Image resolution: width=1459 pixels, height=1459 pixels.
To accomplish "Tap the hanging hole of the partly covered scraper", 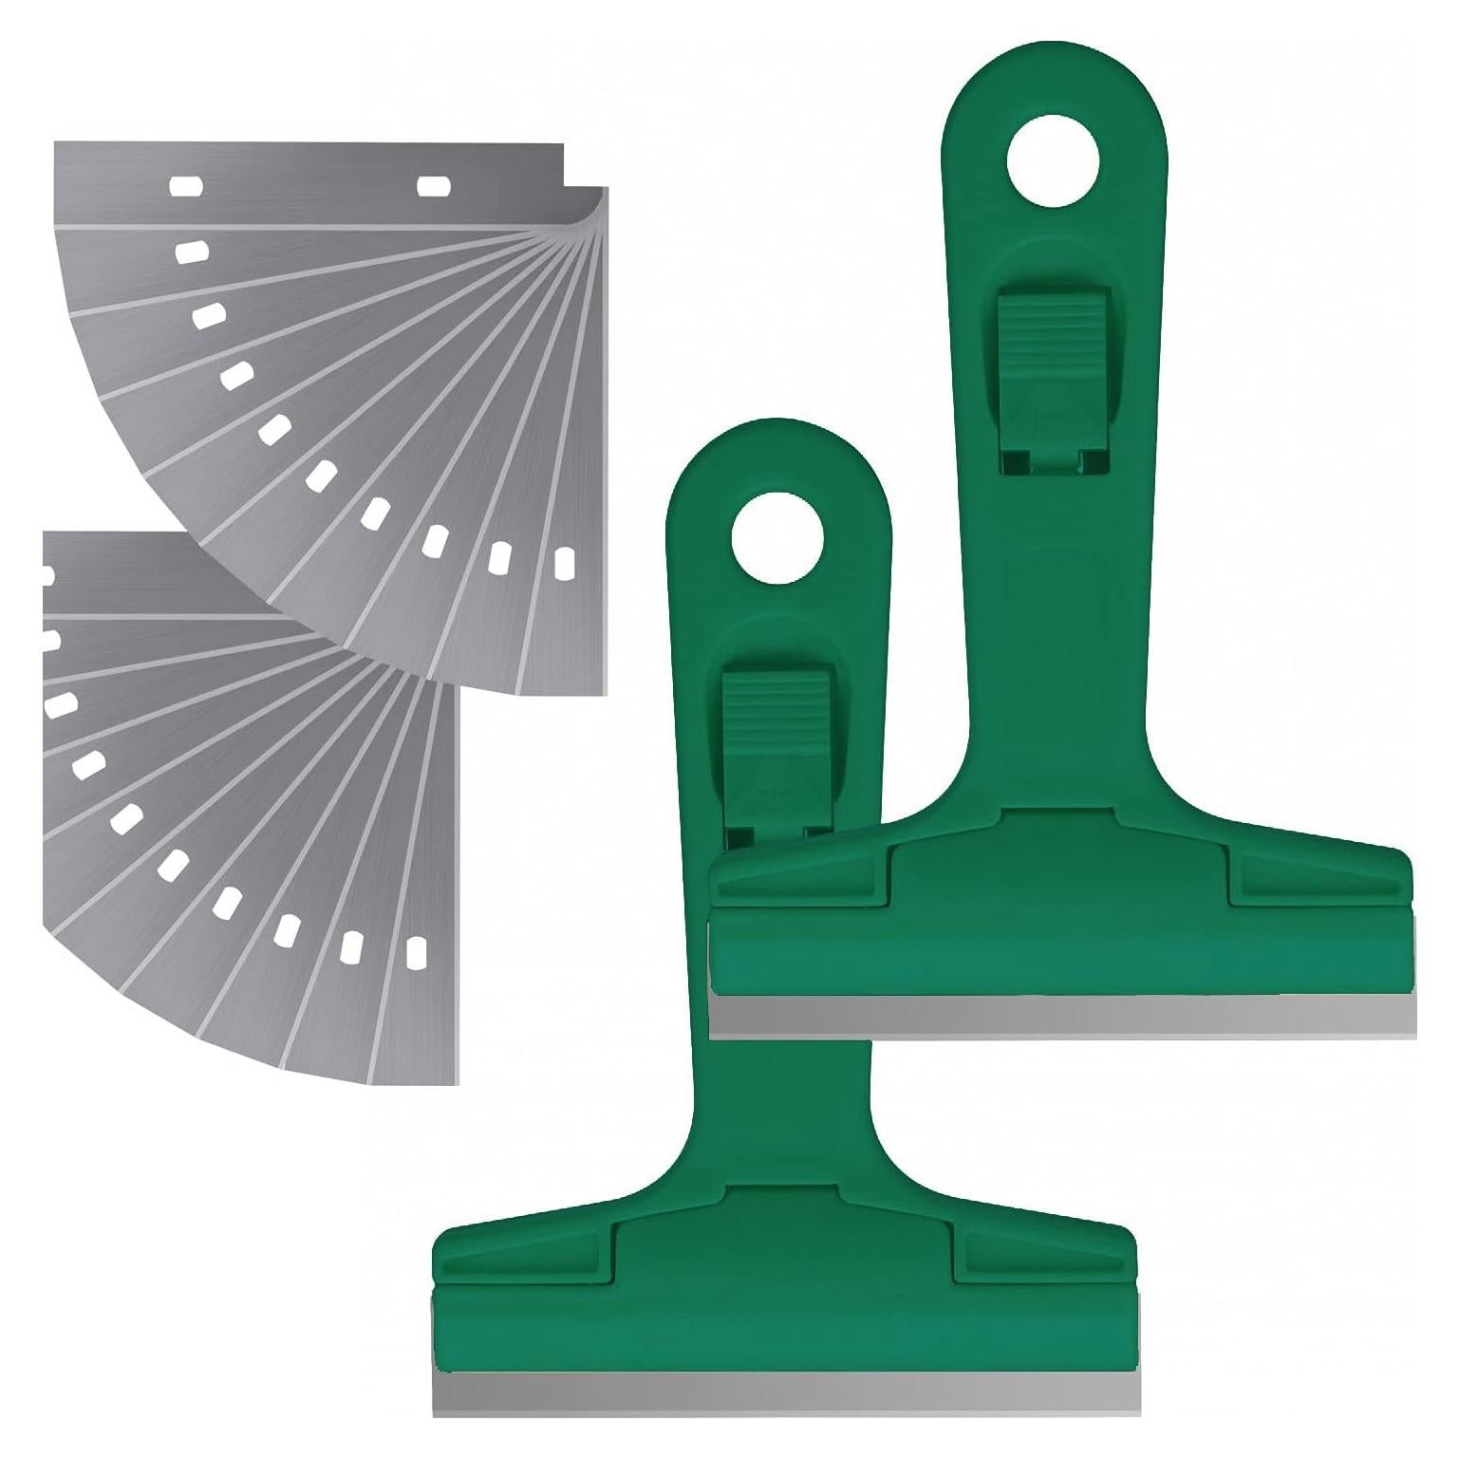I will pos(1053,161).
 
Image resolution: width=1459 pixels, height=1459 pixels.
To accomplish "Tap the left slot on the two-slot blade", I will pos(186,186).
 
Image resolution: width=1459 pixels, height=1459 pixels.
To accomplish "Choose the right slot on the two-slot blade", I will pos(433,186).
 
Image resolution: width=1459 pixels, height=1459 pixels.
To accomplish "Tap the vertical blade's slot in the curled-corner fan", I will pos(564,563).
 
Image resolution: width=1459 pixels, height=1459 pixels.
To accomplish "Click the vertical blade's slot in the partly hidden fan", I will pos(414,953).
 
